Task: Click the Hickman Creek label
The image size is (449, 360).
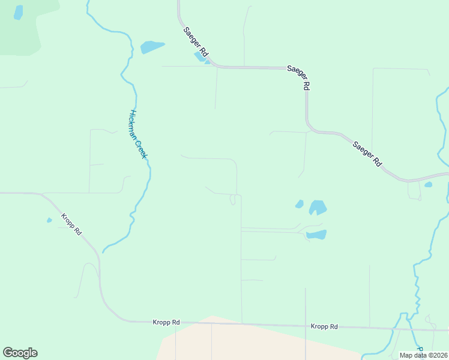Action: click(x=138, y=134)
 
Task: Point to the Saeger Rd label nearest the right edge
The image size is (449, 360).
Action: click(x=367, y=154)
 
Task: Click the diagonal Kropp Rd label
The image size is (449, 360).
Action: click(x=71, y=224)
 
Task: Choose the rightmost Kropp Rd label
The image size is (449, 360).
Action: click(x=324, y=326)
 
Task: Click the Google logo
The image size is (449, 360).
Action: click(x=20, y=353)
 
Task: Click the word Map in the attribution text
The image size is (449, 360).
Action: click(x=406, y=355)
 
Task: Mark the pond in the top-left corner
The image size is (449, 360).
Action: click(x=18, y=12)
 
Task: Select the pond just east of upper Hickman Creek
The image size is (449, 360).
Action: click(x=152, y=46)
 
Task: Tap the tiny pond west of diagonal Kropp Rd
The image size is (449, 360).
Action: click(x=49, y=220)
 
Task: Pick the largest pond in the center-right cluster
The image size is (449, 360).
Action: click(x=318, y=208)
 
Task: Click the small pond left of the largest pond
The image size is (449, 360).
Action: click(x=300, y=204)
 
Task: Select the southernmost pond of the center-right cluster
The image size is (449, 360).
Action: click(x=316, y=235)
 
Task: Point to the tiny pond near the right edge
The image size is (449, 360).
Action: click(x=428, y=185)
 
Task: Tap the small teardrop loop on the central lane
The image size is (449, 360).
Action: click(x=233, y=200)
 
